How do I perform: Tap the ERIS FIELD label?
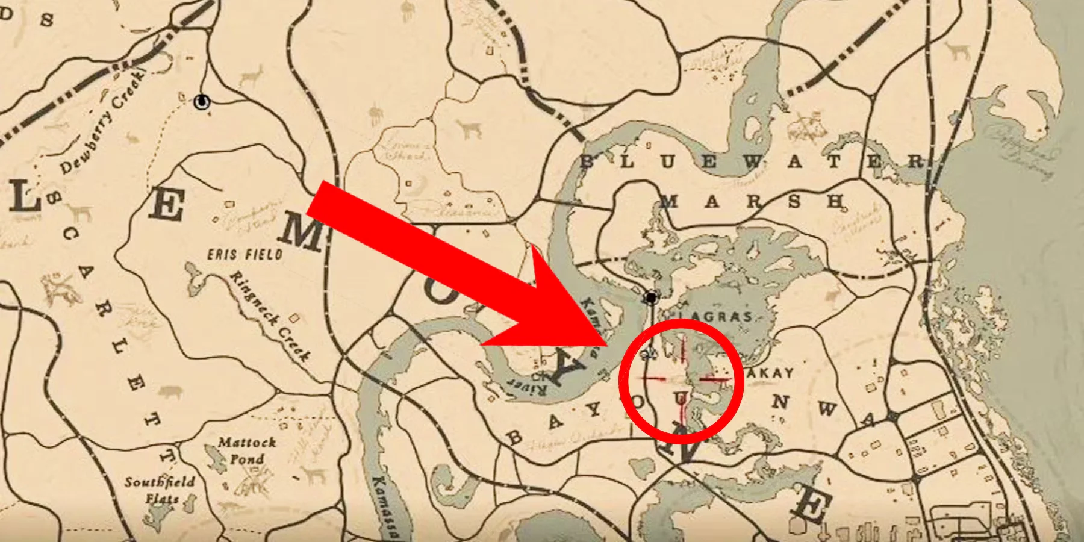coord(245,254)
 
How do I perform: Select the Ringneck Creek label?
coord(270,316)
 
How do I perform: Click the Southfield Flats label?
coord(160,490)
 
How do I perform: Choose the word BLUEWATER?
coord(753,161)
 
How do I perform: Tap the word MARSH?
coord(753,201)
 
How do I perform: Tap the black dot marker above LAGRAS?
coord(650,297)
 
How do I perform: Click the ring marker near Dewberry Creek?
coord(202,102)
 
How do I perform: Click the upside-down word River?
coord(530,386)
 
